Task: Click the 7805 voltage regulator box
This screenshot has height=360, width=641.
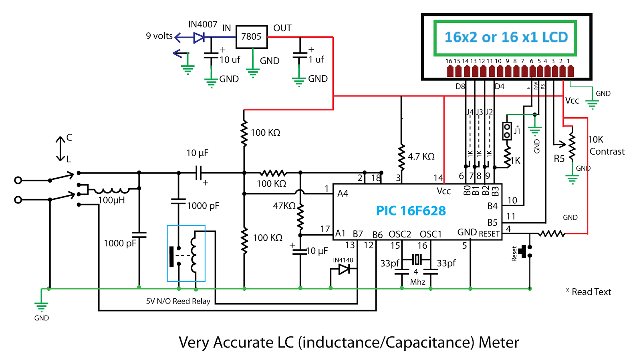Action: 252,37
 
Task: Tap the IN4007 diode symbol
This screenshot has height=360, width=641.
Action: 199,37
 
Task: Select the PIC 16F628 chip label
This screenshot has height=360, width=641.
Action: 411,211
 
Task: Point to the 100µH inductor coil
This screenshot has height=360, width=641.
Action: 112,190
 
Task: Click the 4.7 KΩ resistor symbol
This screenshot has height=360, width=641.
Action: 401,157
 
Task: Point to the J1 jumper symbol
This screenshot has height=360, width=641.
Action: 507,131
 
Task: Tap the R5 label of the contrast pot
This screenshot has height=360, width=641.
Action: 559,159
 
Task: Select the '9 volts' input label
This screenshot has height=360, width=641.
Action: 159,36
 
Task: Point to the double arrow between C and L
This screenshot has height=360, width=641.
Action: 60,149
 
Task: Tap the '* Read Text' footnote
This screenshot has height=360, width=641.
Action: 589,292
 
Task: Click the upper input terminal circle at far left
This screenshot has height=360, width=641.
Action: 18,181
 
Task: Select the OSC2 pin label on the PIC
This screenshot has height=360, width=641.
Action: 400,235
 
